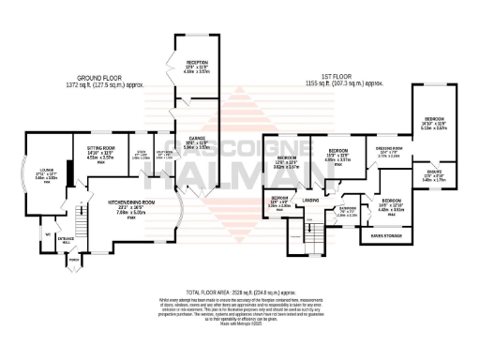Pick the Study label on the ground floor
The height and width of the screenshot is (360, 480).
point(142,156)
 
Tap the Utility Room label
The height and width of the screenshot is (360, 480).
point(164,156)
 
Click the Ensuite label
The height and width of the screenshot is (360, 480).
point(434,174)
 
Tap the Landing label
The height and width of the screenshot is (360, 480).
point(311,200)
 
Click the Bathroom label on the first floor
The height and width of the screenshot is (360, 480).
point(348,211)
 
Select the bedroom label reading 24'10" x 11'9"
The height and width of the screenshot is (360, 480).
point(434,126)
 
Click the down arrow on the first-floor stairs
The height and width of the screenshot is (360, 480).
point(307,222)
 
